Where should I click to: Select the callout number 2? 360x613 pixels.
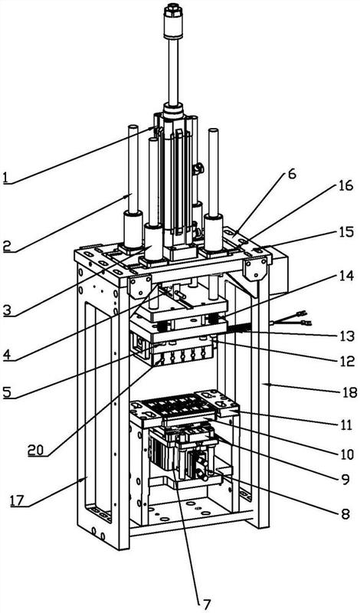tap(8, 246)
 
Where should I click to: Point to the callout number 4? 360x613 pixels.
tap(8, 355)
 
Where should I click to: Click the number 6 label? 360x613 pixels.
tap(293, 174)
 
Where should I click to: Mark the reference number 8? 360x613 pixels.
tap(345, 513)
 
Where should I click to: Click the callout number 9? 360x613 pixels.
tap(345, 479)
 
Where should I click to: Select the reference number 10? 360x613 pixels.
tap(346, 454)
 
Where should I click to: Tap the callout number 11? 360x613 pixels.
tap(346, 425)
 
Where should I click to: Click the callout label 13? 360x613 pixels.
tap(347, 336)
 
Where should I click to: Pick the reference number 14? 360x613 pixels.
tap(346, 276)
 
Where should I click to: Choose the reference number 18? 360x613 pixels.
tap(347, 392)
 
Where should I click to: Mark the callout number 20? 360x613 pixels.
tap(36, 450)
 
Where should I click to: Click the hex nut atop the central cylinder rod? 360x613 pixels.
tap(173, 10)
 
